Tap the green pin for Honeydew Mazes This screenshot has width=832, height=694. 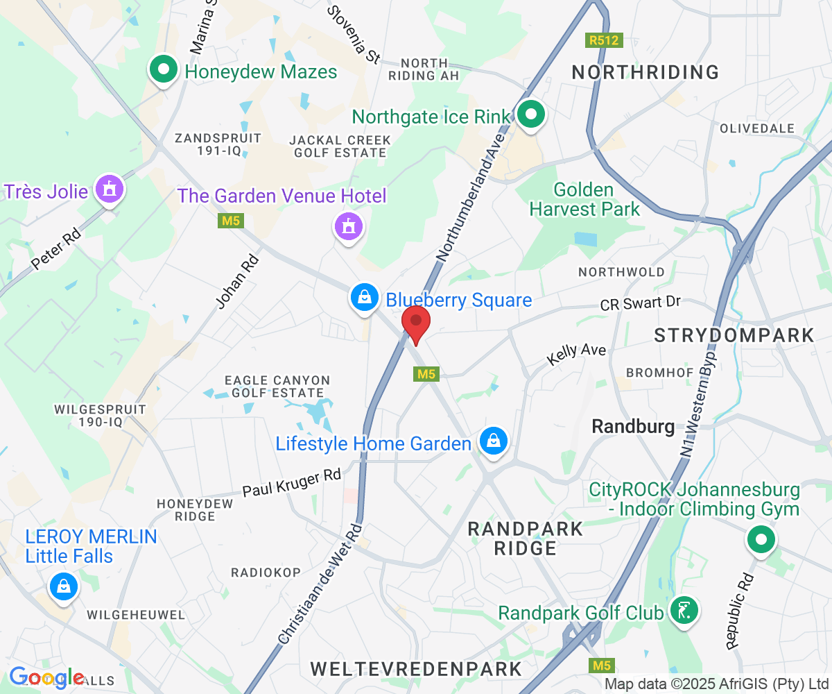pyautogui.click(x=164, y=70)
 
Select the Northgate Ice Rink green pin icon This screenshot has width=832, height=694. pyautogui.click(x=531, y=115)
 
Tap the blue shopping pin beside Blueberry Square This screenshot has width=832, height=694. pyautogui.click(x=364, y=298)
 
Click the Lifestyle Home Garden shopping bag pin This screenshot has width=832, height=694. pyautogui.click(x=492, y=441)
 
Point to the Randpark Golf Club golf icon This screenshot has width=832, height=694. pyautogui.click(x=684, y=611)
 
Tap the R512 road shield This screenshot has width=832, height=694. pyautogui.click(x=603, y=41)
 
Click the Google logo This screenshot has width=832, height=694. pyautogui.click(x=46, y=677)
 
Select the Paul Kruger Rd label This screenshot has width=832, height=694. pyautogui.click(x=291, y=484)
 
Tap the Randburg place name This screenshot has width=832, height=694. pyautogui.click(x=633, y=427)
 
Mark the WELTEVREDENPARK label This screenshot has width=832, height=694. pyautogui.click(x=416, y=669)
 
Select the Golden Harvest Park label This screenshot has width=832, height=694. pyautogui.click(x=585, y=199)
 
